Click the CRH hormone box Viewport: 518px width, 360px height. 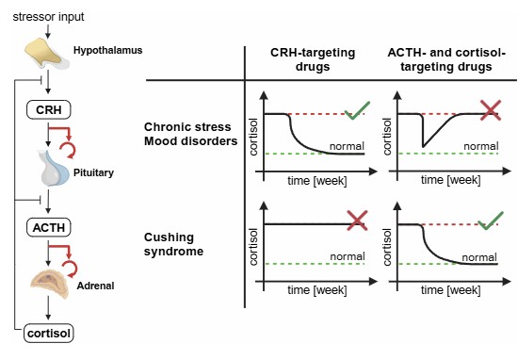coord(48,109)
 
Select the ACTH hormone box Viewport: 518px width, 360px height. coord(48,227)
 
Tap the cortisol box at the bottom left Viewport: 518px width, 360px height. coord(49,334)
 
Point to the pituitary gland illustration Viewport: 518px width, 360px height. coord(55,168)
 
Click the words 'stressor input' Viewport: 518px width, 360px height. coord(48,17)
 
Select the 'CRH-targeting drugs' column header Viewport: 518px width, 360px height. coord(313,59)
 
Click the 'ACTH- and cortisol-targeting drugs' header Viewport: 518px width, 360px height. coord(446,59)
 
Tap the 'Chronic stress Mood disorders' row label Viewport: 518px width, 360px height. coord(190,134)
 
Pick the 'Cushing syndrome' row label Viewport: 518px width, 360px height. coord(173,244)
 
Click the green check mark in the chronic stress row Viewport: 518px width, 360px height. coord(357,111)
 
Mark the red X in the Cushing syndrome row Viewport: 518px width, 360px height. coord(357,221)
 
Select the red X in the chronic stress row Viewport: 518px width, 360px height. coord(491,110)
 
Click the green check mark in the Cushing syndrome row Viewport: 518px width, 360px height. coord(491,221)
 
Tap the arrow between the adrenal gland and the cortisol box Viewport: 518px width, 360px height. coord(48,308)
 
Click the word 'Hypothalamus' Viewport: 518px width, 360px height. coord(107,50)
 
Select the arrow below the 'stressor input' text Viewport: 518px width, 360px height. coord(48,32)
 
